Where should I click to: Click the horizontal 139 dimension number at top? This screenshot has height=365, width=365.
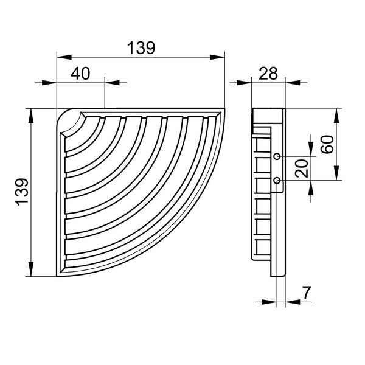[141, 48]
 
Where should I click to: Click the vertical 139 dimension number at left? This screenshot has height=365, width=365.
[23, 192]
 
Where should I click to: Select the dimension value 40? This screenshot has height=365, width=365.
[80, 74]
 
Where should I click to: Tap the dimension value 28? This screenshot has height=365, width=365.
[268, 74]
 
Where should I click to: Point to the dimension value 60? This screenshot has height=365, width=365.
[327, 144]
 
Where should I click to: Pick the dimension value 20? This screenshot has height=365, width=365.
[302, 169]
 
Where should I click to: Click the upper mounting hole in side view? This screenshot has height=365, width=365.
[277, 156]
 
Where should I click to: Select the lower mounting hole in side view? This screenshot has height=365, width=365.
[277, 180]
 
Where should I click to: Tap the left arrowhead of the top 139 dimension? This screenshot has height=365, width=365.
[64, 57]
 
